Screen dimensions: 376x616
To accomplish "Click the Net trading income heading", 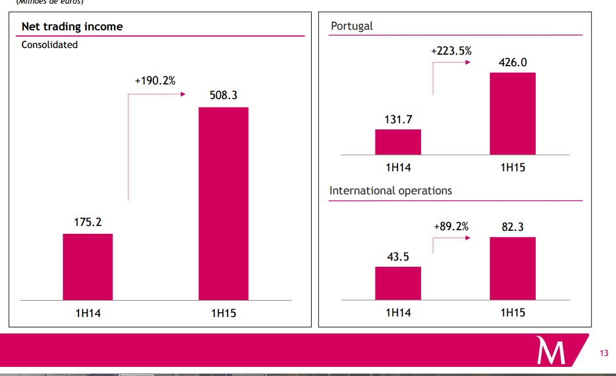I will pos(72,27).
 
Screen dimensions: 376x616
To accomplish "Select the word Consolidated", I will pos(49,44).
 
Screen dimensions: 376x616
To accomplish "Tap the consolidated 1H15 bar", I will pos(223,203).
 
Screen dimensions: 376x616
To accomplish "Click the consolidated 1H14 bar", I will pos(88,267).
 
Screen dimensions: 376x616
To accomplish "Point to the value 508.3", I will pos(223,95).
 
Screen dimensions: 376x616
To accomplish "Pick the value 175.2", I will pos(88,222).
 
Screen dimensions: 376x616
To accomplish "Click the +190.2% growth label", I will pos(155,80).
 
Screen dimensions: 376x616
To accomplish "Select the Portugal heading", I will pos(352,26).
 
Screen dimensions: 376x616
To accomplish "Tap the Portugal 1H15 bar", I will pos(513,114).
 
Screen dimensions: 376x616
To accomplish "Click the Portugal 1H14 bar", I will pos(397,142).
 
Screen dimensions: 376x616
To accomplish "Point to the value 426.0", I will pos(513,63).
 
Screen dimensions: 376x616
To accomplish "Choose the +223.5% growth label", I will pos(451,51).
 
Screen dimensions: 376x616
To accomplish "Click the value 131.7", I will pos(397,120).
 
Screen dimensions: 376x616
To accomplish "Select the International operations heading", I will pos(391,191).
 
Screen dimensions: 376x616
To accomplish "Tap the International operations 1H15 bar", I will pos(513,268).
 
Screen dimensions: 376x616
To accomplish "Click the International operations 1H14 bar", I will pos(397,283).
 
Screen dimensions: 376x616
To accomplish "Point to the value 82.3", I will pos(513,228).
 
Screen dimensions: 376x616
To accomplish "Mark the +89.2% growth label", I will pos(451,227).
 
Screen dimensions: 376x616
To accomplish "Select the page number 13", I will pos(604,353).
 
